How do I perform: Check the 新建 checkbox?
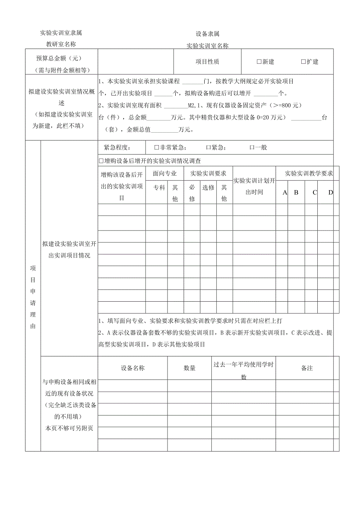coord(259,61)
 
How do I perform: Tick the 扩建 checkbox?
coord(303,61)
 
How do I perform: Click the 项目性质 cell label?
coord(207,61)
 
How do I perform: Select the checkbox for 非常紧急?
coord(157,147)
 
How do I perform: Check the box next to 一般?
coord(252,147)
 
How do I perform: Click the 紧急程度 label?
coord(118,147)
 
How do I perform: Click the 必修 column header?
coord(192,193)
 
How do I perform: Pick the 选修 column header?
coord(208,187)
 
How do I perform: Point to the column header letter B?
coord(296,192)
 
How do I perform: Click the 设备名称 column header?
coord(133,368)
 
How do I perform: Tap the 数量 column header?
coord(190,368)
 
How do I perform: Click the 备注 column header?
coord(307,368)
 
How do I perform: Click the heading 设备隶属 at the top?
coord(207,34)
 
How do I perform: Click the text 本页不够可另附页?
coord(69,428)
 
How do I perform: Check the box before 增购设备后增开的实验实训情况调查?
coord(102,161)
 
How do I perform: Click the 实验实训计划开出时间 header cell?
coord(254,186)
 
